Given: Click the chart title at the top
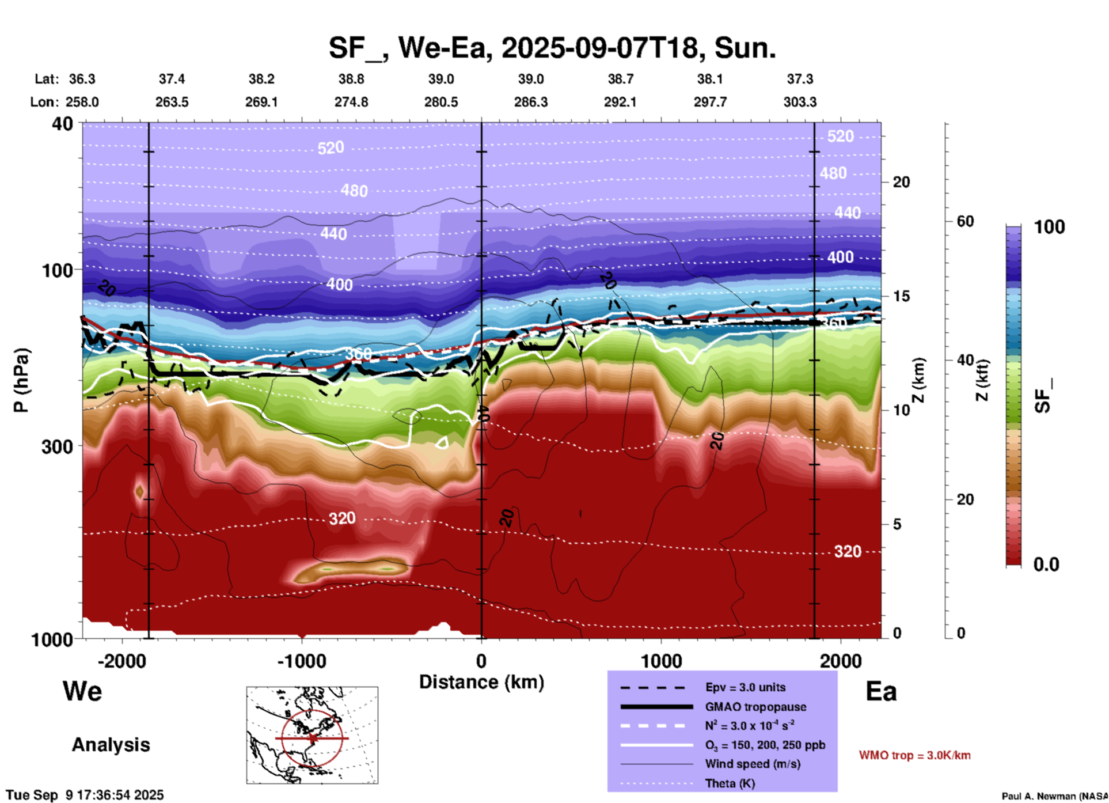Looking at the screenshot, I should coord(552,48).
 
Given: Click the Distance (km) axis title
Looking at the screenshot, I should coord(481,682).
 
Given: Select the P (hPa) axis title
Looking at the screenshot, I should coord(21,380).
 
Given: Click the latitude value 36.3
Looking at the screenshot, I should coord(82,79).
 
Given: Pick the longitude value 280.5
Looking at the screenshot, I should coord(441,102).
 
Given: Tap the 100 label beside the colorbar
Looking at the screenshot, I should coord(1049,227).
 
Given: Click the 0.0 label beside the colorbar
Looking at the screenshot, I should coord(1046,565).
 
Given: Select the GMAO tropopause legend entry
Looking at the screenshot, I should coord(755,707).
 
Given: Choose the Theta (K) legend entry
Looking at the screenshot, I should coord(730,783).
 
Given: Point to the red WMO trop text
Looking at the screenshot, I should coord(914,755).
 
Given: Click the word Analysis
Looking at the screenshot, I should coord(111,745).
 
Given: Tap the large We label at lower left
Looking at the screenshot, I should coord(82,691).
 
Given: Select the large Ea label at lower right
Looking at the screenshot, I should coord(881,691).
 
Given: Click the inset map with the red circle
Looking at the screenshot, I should coord(312,735).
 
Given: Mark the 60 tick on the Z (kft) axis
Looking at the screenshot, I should coord(965,221).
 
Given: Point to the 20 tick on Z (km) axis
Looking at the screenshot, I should coord(901,182).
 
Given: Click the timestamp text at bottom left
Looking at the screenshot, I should coord(85,795).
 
